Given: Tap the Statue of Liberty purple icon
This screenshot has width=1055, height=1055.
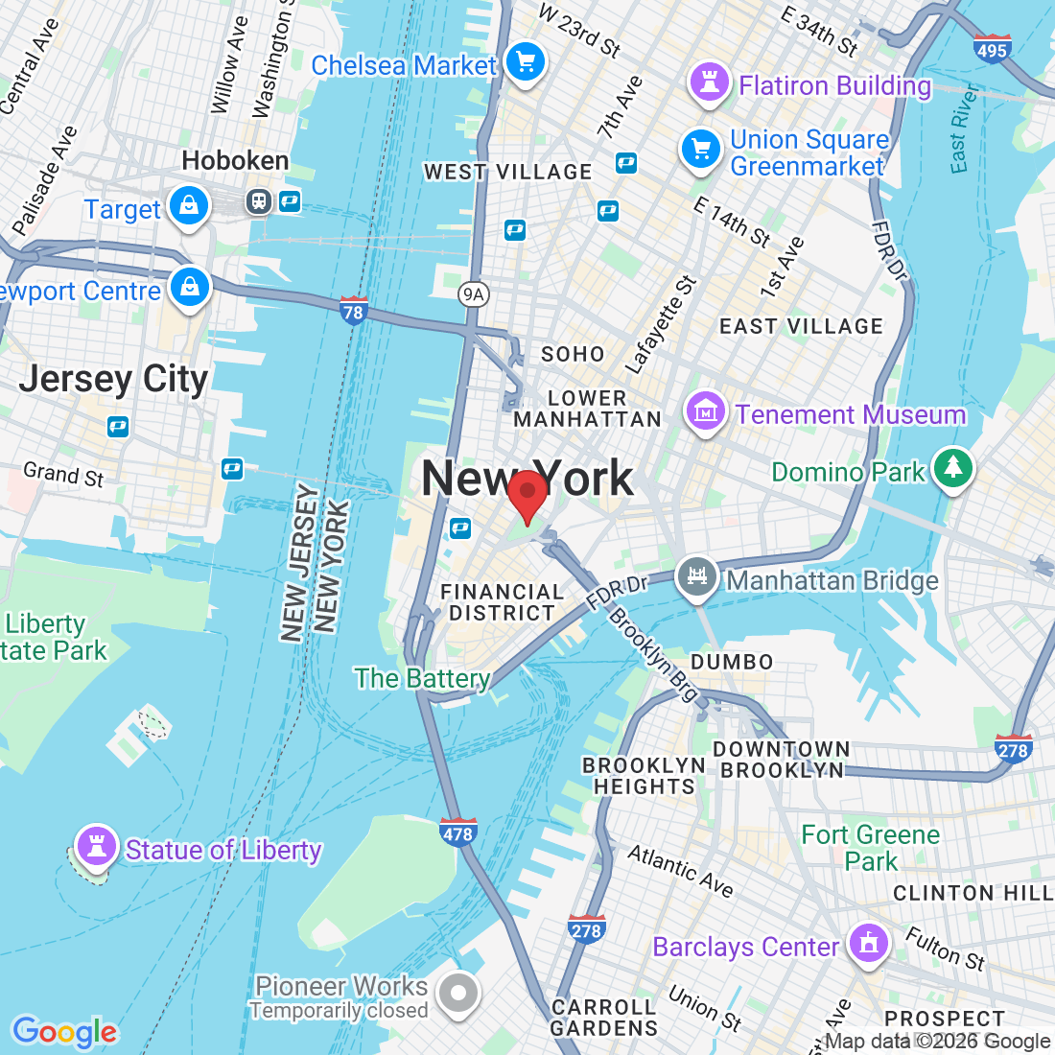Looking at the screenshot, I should coord(96,847).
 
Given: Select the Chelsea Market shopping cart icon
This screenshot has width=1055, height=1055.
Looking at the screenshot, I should coord(525,63).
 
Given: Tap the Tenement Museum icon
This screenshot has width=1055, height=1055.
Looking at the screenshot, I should coord(705,412).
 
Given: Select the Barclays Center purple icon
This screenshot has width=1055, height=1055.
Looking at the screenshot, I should coord(869,944).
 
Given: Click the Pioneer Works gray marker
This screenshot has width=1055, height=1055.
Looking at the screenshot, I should coord(457,994).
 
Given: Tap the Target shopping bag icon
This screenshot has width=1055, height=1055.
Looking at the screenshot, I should coord(189,206).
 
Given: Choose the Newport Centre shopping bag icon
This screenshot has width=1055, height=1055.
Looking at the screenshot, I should coord(190,287).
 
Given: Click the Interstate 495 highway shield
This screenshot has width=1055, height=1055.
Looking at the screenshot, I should coord(992,48).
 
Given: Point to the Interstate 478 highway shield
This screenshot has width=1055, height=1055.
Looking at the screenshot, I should coord(458,832).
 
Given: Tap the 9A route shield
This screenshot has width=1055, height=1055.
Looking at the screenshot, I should coord(472,294).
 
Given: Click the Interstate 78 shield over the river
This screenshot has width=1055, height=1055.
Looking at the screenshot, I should coord(353,311).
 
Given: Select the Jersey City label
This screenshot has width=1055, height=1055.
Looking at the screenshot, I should coord(113,379).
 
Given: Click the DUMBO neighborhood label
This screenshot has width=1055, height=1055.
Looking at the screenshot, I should coord(732,662).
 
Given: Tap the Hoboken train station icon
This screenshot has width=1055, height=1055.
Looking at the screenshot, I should coord(259,200).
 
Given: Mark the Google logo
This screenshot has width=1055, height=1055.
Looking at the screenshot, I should coord(64,1032).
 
